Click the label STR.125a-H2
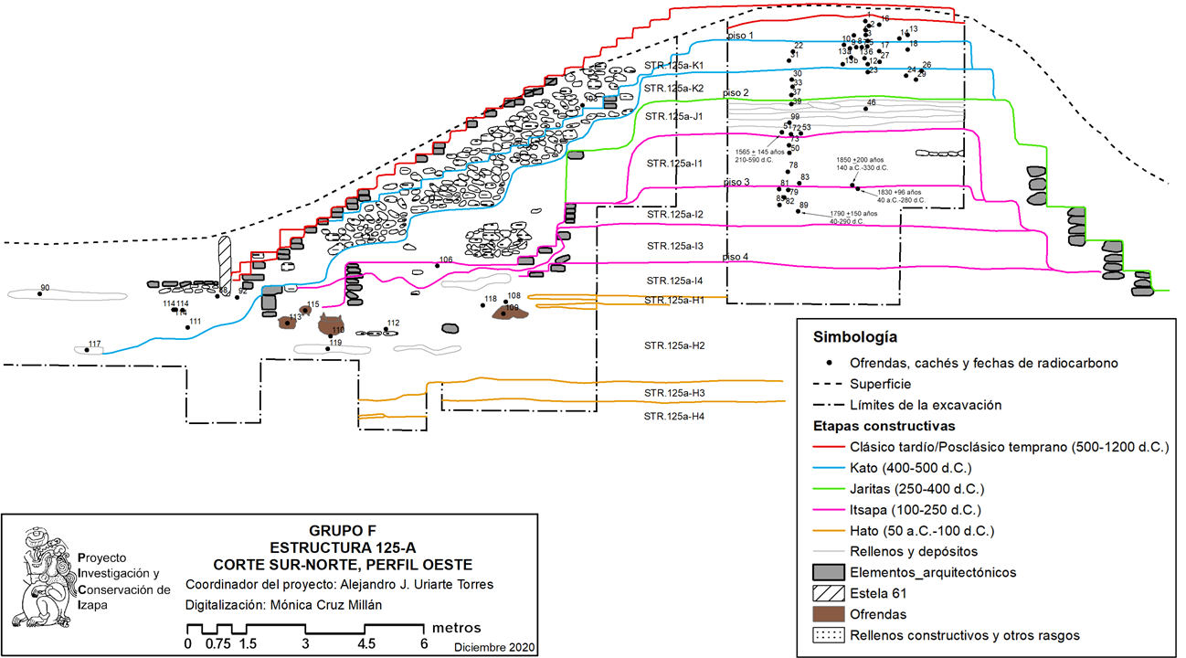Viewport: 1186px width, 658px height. tap(674, 345)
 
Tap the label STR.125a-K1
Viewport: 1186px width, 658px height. tap(674, 66)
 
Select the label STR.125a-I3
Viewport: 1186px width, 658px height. tap(674, 247)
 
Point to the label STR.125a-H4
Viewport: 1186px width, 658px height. tap(674, 417)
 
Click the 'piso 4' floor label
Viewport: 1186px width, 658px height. tap(736, 257)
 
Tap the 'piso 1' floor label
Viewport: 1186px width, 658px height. tap(740, 36)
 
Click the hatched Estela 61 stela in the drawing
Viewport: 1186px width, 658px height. tap(225, 263)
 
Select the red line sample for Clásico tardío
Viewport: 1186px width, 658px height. tap(829, 448)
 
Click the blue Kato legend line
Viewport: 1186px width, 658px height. tap(829, 468)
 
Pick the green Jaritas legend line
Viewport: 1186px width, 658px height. tap(829, 489)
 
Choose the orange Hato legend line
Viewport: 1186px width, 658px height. tap(829, 531)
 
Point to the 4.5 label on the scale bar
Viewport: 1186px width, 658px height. tap(365, 643)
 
